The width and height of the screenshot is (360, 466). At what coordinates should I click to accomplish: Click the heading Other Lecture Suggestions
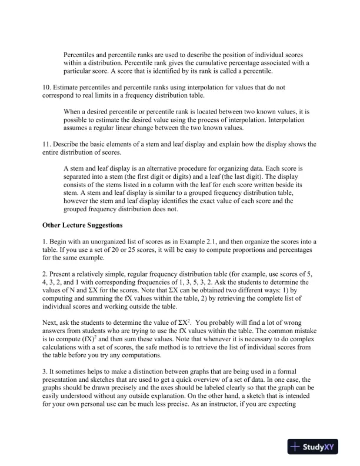(82, 225)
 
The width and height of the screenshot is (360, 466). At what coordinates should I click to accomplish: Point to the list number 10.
(47, 87)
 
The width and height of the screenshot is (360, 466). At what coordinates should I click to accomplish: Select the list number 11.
(47, 144)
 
